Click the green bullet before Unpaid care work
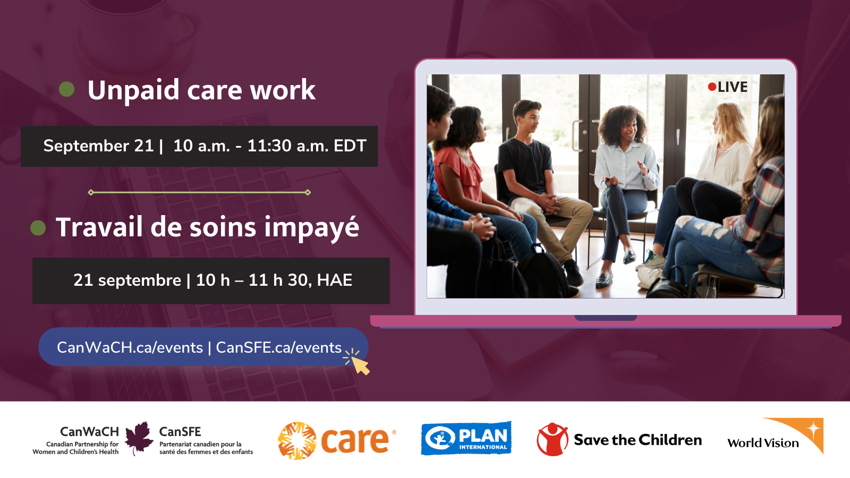67,90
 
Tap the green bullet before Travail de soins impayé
38,228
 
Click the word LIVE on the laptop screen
733,87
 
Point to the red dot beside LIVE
712,87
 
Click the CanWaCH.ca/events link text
130,347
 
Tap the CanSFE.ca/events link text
278,347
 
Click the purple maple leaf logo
139,438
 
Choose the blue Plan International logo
466,438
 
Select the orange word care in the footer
354,440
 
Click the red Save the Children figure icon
552,439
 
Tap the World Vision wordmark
763,443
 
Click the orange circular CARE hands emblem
297,441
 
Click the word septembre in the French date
139,281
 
